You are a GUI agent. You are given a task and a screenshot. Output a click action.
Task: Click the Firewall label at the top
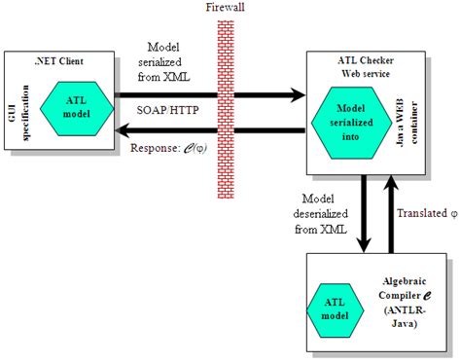point(225,9)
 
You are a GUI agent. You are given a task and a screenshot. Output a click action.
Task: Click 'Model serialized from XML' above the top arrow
point(171,60)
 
